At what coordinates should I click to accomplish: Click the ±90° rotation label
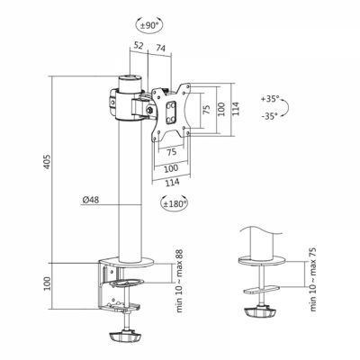pos(149,25)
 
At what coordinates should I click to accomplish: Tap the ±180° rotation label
pos(175,204)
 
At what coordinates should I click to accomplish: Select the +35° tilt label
pos(270,99)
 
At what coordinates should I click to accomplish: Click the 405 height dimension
pos(49,162)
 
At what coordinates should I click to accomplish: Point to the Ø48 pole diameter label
pos(91,200)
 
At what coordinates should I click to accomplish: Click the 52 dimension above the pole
pos(139,46)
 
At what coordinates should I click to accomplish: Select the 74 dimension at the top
pos(160,48)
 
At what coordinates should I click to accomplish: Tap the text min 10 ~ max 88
pos(179,281)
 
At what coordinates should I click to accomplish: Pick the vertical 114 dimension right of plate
pos(236,109)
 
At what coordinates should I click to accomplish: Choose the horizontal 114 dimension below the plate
pos(171,182)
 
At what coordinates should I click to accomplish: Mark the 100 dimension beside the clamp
pos(47,283)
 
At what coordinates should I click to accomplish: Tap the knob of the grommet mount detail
pos(260,311)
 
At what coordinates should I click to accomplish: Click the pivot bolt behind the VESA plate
pos(149,111)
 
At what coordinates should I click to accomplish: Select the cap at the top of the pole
pos(130,84)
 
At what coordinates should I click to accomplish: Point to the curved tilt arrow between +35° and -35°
pos(287,107)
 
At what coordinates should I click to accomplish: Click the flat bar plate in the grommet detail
pos(262,290)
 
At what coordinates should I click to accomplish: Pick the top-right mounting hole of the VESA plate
pos(188,86)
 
